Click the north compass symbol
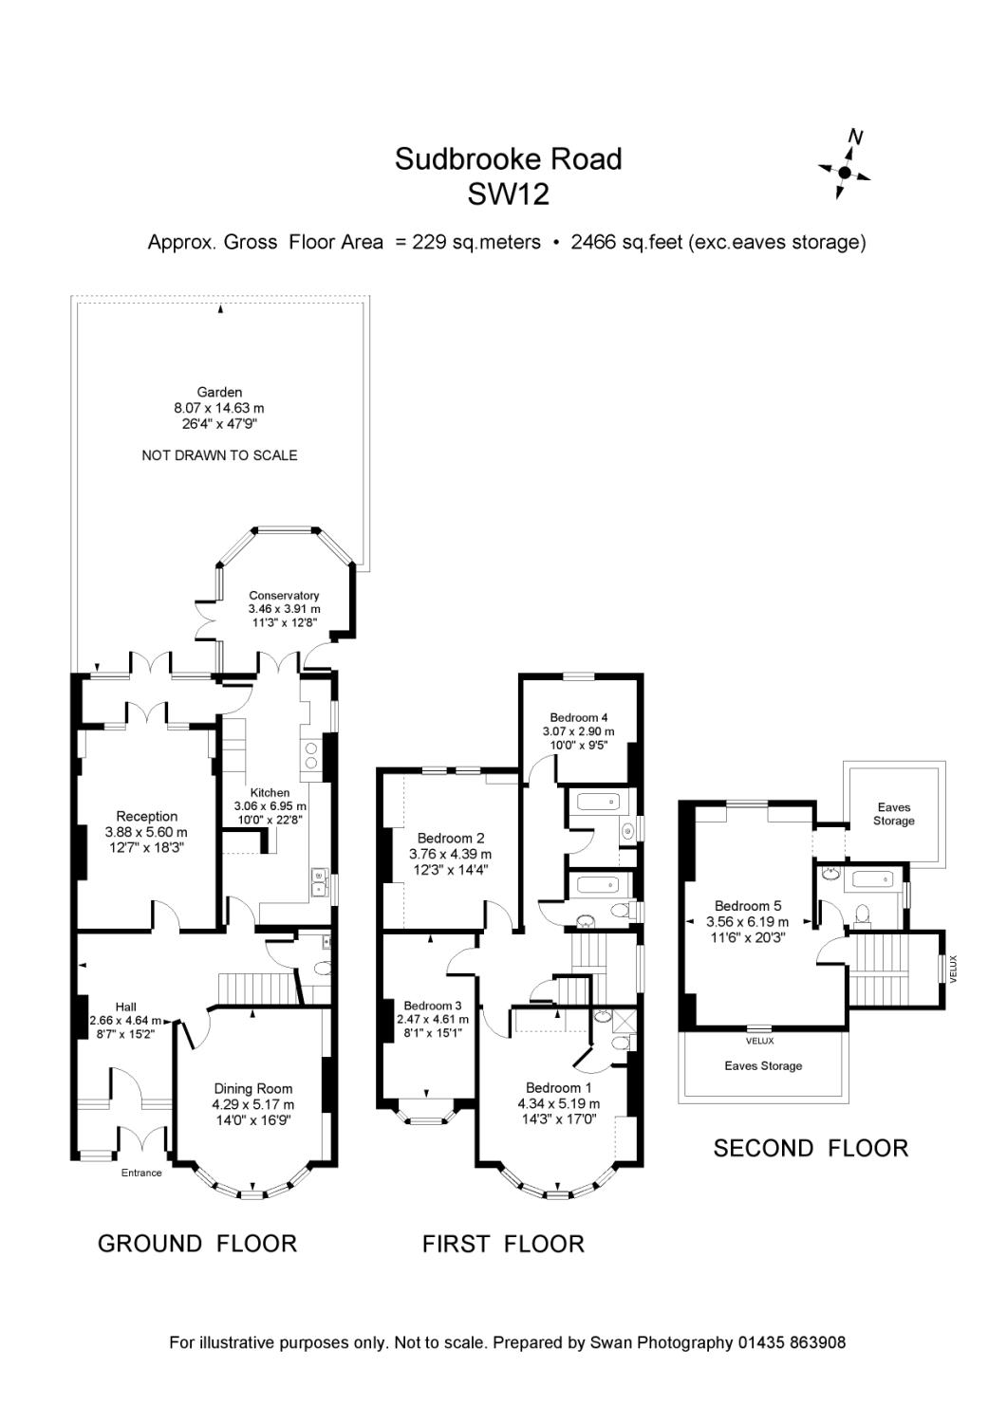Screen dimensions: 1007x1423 click(844, 171)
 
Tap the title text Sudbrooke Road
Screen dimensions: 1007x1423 click(508, 158)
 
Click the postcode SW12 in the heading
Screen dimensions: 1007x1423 click(508, 195)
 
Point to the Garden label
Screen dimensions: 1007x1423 click(219, 392)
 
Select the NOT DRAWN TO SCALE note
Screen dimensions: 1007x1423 click(219, 455)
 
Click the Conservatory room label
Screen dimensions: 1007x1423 click(284, 596)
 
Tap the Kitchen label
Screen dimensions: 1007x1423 click(270, 793)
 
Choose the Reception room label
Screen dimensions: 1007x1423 click(146, 816)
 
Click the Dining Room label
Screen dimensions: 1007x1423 click(252, 1089)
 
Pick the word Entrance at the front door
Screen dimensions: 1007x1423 click(141, 1173)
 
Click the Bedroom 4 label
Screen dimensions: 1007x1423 click(578, 717)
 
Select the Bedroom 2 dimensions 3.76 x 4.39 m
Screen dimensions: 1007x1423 click(451, 854)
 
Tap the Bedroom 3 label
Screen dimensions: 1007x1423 click(432, 1006)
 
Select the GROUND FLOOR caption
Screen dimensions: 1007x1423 click(197, 1243)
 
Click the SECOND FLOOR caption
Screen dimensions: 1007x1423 click(811, 1148)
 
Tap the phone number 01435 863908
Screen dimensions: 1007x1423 click(791, 1342)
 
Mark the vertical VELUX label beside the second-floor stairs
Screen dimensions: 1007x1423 click(955, 968)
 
